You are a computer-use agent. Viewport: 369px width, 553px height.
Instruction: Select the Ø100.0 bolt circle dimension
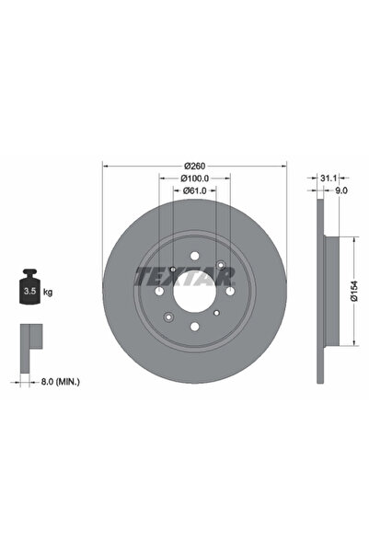(x=194, y=178)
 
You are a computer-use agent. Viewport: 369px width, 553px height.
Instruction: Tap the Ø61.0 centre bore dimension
(x=194, y=190)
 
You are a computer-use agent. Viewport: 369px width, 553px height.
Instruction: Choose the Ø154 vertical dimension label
(x=354, y=292)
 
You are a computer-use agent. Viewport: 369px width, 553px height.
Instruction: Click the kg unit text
(x=48, y=292)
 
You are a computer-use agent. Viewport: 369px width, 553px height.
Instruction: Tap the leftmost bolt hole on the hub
(x=161, y=292)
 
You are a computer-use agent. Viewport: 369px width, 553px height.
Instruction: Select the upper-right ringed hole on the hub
(x=222, y=267)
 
